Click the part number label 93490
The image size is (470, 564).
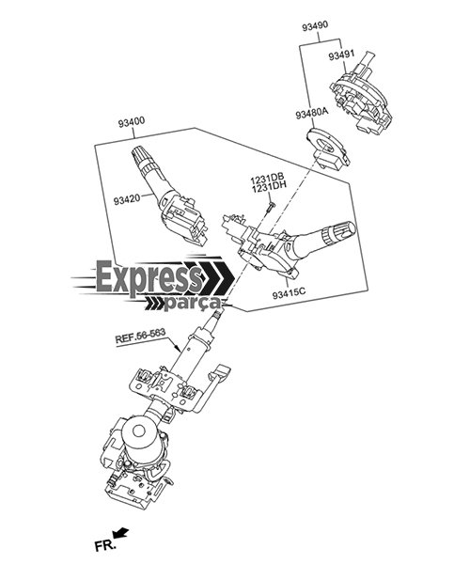[x=315, y=26]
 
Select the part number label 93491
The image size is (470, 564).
[x=341, y=55]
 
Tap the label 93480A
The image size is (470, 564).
[x=312, y=114]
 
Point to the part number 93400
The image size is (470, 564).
[x=132, y=122]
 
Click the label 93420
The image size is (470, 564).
[x=127, y=200]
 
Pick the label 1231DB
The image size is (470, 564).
[x=268, y=178]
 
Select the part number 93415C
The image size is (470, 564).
[x=289, y=293]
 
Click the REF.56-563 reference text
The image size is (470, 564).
[x=140, y=336]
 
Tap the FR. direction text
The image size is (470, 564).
[x=105, y=545]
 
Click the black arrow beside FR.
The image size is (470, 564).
[x=120, y=532]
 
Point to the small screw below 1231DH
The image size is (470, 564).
[x=271, y=207]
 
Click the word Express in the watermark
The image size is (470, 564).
[x=149, y=277]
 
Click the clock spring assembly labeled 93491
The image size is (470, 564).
[x=361, y=95]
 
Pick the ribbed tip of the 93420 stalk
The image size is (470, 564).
[x=140, y=155]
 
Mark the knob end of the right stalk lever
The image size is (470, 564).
[x=344, y=230]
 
